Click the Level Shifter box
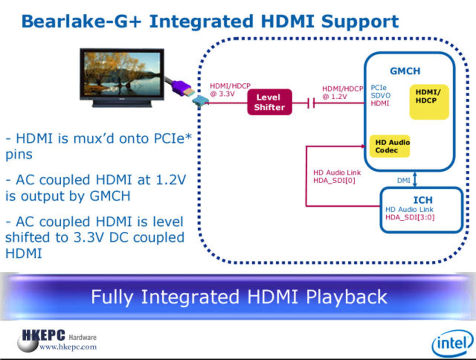(x=270, y=102)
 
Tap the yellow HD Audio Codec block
(x=390, y=146)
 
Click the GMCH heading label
(x=405, y=71)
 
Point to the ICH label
(x=423, y=200)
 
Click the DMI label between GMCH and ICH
(x=403, y=180)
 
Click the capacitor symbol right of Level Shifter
(x=311, y=103)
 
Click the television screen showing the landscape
(x=122, y=73)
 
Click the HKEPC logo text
(x=44, y=335)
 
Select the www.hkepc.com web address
(x=68, y=347)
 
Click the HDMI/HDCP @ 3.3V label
(x=230, y=90)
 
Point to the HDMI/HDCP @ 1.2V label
(x=342, y=93)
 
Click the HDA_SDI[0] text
(x=334, y=181)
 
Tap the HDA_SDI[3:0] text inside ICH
(x=409, y=218)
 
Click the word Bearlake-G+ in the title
(x=81, y=21)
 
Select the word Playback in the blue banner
(x=346, y=297)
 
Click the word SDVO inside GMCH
(x=380, y=96)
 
